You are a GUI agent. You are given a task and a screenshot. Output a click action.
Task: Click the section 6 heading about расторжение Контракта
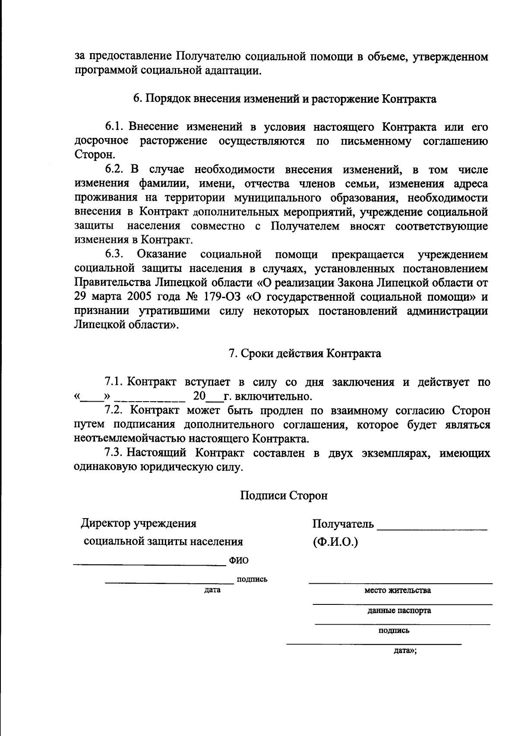pos(284,99)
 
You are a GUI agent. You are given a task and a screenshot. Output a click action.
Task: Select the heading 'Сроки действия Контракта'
pos(305,353)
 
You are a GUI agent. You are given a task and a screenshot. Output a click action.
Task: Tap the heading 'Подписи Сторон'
pos(284,495)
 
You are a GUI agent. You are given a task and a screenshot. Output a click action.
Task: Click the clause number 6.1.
pos(114,127)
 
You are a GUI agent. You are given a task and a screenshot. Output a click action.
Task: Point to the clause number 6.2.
pos(114,169)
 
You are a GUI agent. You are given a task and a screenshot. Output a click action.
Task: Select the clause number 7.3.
pos(114,453)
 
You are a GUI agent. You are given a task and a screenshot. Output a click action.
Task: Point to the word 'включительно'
pos(272,396)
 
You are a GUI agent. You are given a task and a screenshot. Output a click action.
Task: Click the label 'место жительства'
pos(398,590)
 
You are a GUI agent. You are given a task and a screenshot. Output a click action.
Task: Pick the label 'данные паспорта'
pos(399,610)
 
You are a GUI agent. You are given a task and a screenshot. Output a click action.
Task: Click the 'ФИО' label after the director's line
pos(239,560)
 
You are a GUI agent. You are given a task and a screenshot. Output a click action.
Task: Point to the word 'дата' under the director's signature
pos(212,589)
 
